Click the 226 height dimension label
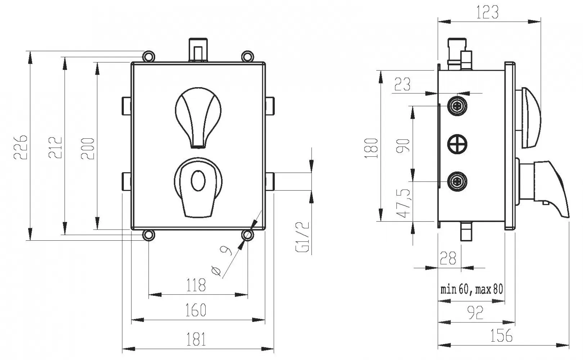[x=20, y=147]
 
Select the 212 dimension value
[x=55, y=147]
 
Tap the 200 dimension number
[x=88, y=148]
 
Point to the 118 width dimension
[x=196, y=285]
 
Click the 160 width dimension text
[x=196, y=310]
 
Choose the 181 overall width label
[x=196, y=339]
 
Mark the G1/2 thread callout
[x=303, y=237]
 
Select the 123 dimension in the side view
[x=487, y=12]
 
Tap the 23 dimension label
[x=402, y=84]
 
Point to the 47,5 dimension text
[x=403, y=203]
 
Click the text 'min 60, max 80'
[x=472, y=289]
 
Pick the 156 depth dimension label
[x=501, y=335]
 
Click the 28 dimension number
[x=448, y=258]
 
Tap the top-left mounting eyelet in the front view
[x=149, y=56]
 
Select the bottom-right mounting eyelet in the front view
[x=247, y=235]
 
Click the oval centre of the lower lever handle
[x=198, y=181]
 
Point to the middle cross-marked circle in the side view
[x=457, y=144]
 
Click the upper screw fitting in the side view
[x=457, y=106]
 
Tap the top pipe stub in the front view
[x=198, y=50]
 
